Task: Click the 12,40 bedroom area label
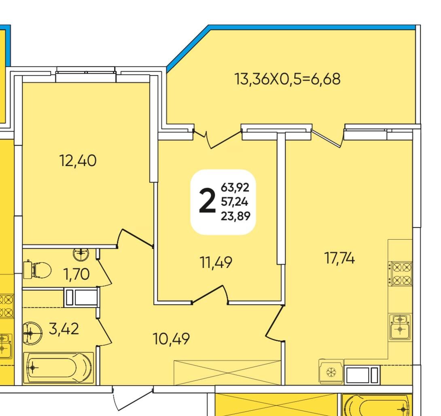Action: tap(78, 161)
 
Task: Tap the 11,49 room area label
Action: tap(216, 263)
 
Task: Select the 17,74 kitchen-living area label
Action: tap(339, 258)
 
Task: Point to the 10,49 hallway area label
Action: tap(171, 339)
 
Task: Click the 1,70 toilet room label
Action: tap(76, 275)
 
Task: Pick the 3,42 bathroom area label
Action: tap(64, 329)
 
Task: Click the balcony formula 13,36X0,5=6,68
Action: tap(287, 79)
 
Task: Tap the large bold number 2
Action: tap(207, 201)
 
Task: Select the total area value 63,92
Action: tap(235, 187)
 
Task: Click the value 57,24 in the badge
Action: tap(235, 202)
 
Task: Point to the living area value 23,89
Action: tap(235, 216)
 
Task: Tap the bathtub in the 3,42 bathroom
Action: tap(58, 367)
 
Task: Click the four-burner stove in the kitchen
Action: tap(400, 273)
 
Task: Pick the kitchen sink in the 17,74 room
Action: tap(400, 327)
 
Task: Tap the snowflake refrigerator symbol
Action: tap(331, 372)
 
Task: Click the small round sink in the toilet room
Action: tap(81, 254)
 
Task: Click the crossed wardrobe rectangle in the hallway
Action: tap(227, 373)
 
